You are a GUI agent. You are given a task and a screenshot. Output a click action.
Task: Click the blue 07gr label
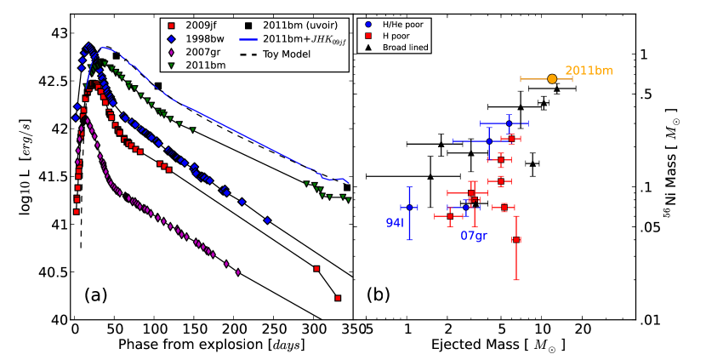(475, 234)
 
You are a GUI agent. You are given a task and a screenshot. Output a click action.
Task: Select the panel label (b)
(379, 295)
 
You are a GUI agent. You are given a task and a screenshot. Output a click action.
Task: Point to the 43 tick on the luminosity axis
(59, 33)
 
